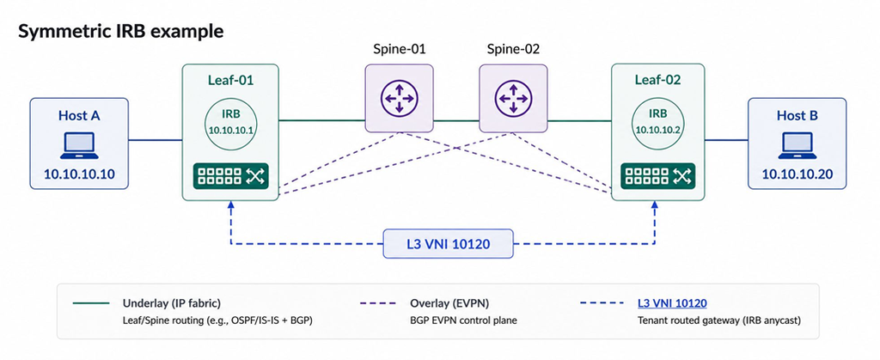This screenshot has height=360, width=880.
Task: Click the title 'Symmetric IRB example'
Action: click(x=120, y=31)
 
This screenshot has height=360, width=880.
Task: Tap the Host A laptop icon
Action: click(x=79, y=145)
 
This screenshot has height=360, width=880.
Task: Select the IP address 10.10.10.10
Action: click(x=79, y=174)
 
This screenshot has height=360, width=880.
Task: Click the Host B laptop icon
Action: click(x=797, y=145)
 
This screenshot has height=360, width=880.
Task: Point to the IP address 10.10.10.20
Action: click(x=797, y=174)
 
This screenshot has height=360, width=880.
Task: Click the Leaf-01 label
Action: click(x=230, y=80)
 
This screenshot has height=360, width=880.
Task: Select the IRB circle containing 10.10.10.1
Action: click(x=230, y=121)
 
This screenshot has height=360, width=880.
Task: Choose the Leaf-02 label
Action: click(x=657, y=80)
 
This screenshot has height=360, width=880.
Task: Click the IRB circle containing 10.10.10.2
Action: click(x=657, y=121)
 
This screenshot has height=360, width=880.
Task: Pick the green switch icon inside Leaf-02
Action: click(x=657, y=175)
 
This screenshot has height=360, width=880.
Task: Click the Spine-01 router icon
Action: click(x=399, y=98)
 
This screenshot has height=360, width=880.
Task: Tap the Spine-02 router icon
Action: click(x=513, y=98)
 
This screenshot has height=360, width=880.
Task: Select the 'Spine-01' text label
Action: click(x=399, y=49)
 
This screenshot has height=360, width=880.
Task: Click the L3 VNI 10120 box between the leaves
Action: click(x=448, y=243)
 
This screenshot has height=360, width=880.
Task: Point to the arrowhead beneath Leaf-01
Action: click(x=230, y=205)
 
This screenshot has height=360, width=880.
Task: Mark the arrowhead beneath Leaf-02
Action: click(x=654, y=205)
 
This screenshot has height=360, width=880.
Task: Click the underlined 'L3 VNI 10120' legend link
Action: click(x=672, y=303)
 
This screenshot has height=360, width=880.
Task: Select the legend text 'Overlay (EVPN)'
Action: click(x=449, y=303)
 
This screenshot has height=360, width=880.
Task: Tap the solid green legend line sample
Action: click(x=91, y=303)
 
